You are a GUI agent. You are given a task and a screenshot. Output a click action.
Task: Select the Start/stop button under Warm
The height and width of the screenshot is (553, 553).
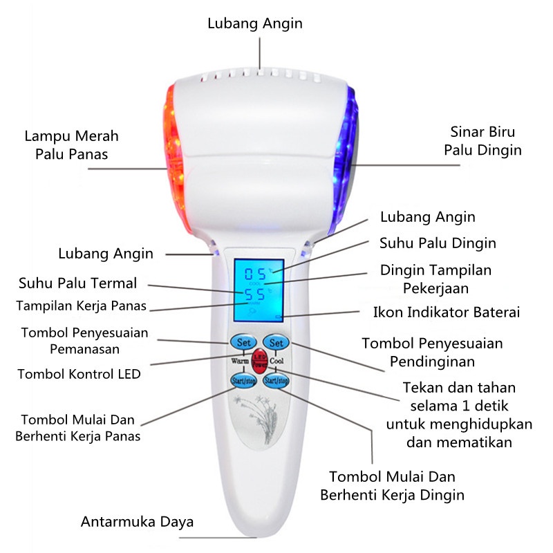[x=243, y=379]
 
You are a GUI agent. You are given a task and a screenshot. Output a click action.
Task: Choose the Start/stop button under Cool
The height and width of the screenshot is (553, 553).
[x=276, y=379]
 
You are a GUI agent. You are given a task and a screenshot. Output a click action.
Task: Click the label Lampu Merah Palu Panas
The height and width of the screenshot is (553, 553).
[x=72, y=144]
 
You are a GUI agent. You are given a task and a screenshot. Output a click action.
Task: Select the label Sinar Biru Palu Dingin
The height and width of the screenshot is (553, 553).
[x=482, y=140]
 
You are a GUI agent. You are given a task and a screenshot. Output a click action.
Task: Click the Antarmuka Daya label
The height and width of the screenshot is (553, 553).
[x=138, y=521]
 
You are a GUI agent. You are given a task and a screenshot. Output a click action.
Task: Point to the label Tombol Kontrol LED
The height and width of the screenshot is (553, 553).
[x=79, y=374]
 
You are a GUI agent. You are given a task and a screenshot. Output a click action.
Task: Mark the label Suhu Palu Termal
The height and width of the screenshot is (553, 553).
[x=78, y=283]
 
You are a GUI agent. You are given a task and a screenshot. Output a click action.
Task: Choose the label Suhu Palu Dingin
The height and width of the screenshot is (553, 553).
[x=438, y=243]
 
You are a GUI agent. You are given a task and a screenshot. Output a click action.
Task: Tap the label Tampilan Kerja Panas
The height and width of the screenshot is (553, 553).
[x=82, y=306]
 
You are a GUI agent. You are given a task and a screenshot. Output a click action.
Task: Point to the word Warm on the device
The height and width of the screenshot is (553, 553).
[x=240, y=361]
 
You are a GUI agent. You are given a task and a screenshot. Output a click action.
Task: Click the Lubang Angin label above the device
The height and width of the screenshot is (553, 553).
[x=255, y=23]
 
